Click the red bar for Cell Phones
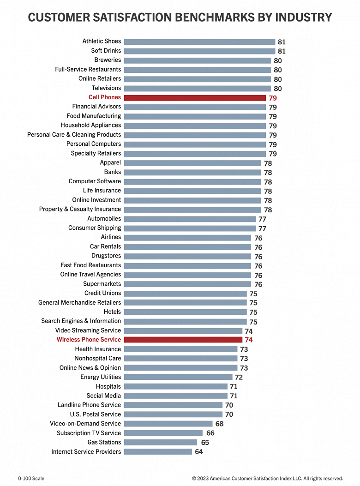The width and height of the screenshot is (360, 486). [195, 97]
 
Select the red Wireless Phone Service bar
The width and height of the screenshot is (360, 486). [183, 340]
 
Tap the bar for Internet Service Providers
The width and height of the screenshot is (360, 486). [158, 452]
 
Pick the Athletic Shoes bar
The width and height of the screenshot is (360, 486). [199, 42]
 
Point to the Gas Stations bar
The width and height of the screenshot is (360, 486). [161, 442]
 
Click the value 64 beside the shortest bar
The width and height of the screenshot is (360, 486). [199, 452]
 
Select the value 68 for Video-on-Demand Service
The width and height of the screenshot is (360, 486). [220, 424]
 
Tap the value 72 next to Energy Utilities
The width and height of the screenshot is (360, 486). [239, 377]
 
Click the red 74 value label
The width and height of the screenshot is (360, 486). [249, 340]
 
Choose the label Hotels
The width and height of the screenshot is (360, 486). [112, 312]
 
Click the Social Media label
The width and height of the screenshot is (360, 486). [103, 396]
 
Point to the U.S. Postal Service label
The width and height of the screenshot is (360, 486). [95, 414]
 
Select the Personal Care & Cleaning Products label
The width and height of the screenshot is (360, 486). [74, 135]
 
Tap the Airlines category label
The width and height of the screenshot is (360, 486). [111, 237]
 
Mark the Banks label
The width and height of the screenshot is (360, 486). [112, 172]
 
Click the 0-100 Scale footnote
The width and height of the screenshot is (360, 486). [31, 479]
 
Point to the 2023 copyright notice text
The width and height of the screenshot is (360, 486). [267, 479]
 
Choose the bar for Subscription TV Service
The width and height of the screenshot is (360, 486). [163, 433]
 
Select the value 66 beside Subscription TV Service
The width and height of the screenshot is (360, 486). [210, 433]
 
